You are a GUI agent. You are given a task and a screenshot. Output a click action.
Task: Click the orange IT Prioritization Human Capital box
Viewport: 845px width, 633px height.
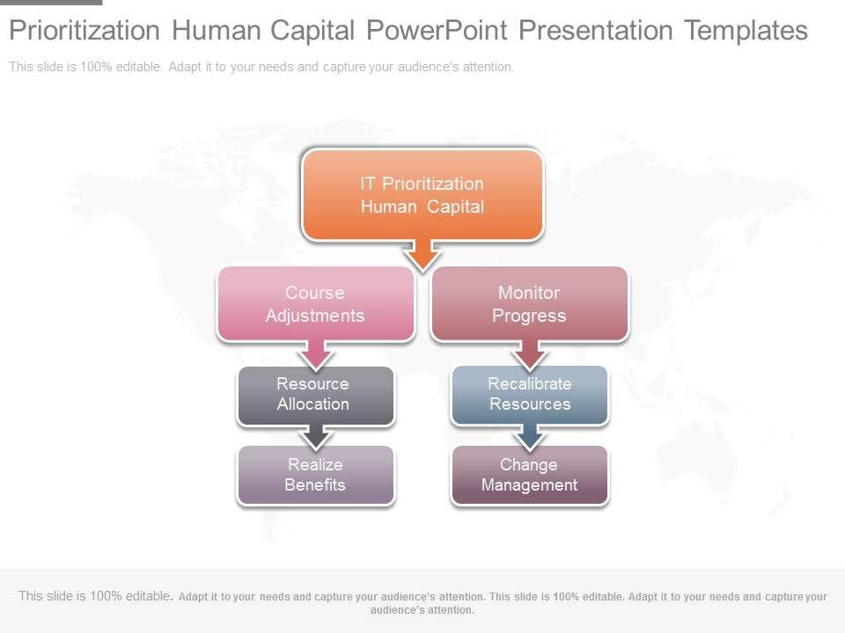(422, 194)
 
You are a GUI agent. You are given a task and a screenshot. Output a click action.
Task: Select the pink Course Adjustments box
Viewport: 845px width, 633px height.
(316, 303)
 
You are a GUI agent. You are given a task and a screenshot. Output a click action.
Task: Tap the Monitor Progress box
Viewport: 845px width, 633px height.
(530, 303)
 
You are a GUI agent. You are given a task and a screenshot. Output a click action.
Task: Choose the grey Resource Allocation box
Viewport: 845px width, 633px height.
(316, 396)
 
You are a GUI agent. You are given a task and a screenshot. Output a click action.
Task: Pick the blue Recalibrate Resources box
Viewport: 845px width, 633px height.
(530, 396)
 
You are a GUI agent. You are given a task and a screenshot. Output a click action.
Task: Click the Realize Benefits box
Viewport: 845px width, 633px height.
(316, 475)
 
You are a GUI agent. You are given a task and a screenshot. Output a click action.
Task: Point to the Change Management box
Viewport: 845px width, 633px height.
(530, 475)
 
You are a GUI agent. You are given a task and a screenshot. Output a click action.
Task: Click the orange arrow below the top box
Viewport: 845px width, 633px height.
(423, 255)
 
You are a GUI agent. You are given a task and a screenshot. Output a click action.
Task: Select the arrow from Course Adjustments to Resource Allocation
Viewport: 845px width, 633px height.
(316, 354)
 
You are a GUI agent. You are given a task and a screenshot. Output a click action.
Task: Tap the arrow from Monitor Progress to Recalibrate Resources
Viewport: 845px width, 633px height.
(530, 354)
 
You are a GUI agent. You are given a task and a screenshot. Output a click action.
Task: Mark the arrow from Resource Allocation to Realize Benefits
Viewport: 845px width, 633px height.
(316, 437)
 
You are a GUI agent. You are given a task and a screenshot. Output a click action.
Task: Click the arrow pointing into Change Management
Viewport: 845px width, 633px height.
(530, 437)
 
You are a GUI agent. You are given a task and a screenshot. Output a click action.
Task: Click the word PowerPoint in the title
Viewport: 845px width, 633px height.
(437, 30)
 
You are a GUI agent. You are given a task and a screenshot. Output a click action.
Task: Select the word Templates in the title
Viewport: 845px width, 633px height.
(746, 30)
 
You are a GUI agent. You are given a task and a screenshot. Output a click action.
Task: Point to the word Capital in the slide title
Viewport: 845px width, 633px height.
(312, 30)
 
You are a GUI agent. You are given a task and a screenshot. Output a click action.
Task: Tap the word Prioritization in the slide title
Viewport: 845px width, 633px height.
(84, 30)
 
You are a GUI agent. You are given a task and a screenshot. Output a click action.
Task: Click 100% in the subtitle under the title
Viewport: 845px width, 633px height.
(96, 67)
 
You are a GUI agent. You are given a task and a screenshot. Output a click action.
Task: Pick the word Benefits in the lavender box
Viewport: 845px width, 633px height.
(315, 485)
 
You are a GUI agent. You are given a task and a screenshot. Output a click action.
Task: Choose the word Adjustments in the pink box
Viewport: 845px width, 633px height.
(315, 316)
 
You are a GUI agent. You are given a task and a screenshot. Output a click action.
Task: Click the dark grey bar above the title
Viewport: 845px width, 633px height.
(51, 2)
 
